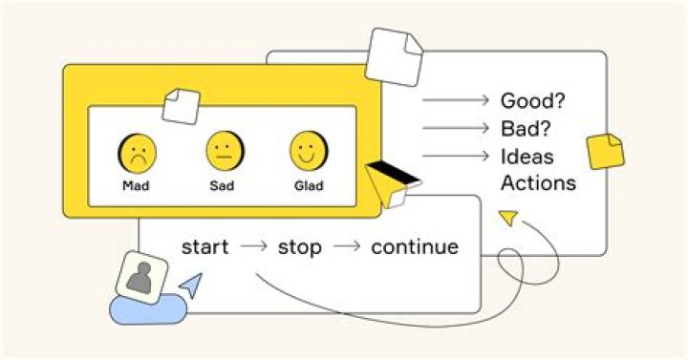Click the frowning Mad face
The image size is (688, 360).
click(137, 154)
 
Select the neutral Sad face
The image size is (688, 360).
click(226, 151)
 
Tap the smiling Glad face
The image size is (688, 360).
click(309, 151)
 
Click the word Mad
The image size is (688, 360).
click(136, 186)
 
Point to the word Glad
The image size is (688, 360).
click(309, 186)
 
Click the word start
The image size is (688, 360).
click(204, 247)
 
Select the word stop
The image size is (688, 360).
click(300, 247)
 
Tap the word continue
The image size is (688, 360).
click(415, 247)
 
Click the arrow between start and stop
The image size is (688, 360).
click(253, 246)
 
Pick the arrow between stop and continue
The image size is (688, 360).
click(347, 246)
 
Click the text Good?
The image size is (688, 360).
click(532, 101)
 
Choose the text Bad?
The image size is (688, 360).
click(526, 129)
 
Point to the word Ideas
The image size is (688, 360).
click(527, 157)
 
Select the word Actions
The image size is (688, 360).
click(538, 182)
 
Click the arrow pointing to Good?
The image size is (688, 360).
click(456, 100)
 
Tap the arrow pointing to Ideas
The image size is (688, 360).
click(456, 156)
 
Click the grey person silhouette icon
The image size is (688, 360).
click(140, 278)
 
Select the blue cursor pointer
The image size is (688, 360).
click(192, 285)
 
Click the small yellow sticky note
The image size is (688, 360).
click(606, 151)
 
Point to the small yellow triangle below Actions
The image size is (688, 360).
click(509, 218)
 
